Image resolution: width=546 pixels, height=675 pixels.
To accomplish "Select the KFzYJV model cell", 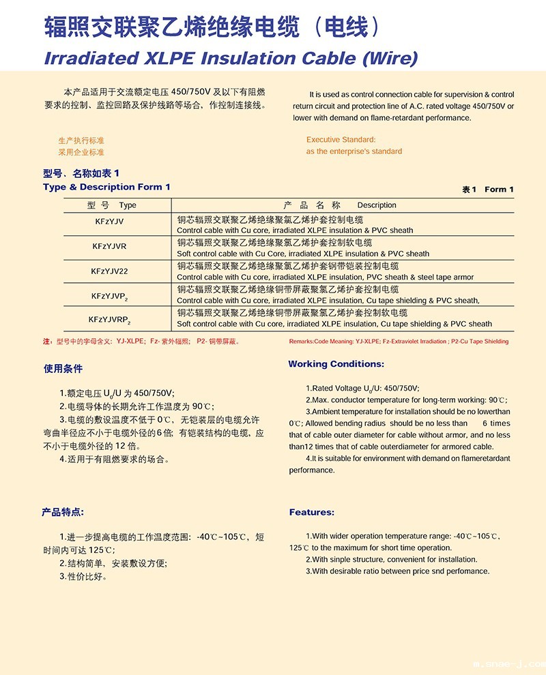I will click(109, 222).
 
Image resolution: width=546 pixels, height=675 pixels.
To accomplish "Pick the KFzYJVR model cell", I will click(109, 245).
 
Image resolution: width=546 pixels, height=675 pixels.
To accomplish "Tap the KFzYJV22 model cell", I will click(109, 271).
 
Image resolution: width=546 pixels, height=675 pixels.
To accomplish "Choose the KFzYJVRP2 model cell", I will click(109, 319).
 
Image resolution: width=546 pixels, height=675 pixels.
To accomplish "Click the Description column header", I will click(376, 205).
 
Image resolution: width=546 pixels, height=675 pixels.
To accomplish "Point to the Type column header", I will click(127, 205).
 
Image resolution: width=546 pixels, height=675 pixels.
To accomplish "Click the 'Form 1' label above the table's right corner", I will click(499, 190).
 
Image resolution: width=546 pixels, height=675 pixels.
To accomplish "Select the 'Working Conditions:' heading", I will click(336, 364).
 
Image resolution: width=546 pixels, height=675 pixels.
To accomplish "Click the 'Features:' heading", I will click(311, 512).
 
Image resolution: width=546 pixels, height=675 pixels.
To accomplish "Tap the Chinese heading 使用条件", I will click(63, 369).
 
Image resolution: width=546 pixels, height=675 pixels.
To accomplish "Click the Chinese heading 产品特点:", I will click(63, 512).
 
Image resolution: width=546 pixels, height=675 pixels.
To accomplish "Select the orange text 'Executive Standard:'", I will click(341, 140).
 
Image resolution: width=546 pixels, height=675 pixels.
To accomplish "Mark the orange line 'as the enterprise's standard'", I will click(354, 151).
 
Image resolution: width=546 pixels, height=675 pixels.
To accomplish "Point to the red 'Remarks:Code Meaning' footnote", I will click(399, 341).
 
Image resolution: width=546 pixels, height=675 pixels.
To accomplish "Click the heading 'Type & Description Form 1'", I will click(106, 187).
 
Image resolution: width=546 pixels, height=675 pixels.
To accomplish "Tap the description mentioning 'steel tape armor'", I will click(325, 277).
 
